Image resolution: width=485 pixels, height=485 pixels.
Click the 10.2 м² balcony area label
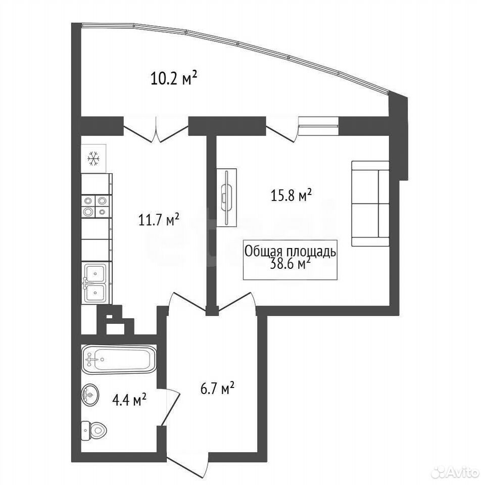(x=174, y=78)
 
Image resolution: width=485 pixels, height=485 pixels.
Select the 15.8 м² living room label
(x=291, y=195)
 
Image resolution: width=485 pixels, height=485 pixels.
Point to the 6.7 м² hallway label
(x=217, y=388)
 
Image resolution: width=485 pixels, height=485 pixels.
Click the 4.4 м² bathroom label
(x=129, y=400)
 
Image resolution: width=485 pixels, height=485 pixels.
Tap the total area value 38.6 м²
(x=290, y=264)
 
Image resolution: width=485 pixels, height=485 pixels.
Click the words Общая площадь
(x=290, y=251)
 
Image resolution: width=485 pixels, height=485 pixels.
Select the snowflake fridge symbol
(x=93, y=158)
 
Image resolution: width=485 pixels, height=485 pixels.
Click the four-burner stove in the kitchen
(x=95, y=206)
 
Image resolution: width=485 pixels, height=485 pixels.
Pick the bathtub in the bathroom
(x=119, y=359)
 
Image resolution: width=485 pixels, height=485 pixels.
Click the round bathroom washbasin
(x=90, y=395)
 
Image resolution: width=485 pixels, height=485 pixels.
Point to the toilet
(x=94, y=430)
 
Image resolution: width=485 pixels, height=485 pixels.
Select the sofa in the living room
(x=370, y=204)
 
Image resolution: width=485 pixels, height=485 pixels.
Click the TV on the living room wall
(x=227, y=198)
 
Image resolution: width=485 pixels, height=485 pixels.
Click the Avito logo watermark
(x=455, y=472)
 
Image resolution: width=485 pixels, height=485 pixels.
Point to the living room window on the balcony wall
(x=319, y=126)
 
